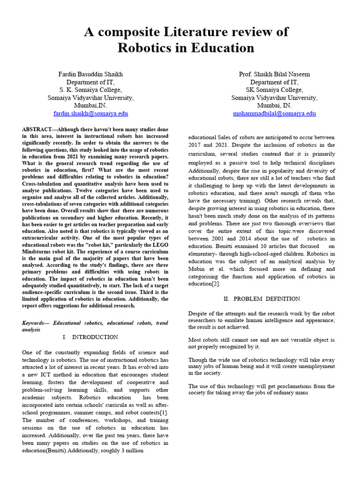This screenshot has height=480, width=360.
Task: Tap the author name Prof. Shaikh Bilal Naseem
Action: (x=274, y=74)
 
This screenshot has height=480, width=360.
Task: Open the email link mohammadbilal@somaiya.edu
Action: (x=274, y=113)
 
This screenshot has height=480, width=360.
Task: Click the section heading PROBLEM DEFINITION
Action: (x=267, y=299)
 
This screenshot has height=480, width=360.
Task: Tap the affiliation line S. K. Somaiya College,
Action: (x=90, y=90)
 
